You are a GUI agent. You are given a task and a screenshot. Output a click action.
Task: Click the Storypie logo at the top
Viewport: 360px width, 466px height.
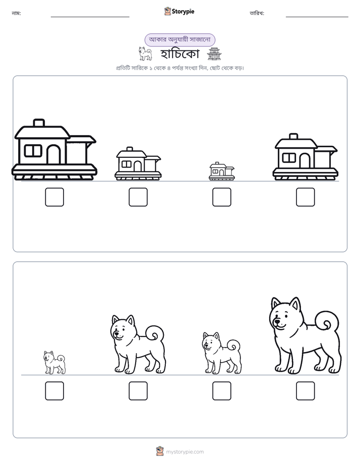coord(179,11)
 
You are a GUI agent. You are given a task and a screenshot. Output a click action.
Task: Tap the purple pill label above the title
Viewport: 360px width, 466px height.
coord(179,39)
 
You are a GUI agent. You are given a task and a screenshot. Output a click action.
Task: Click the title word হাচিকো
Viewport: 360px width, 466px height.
coord(179,54)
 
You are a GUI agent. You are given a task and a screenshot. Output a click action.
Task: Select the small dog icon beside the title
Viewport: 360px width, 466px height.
coord(145,53)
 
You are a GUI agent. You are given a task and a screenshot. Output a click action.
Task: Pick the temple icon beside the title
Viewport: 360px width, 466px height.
coord(214,53)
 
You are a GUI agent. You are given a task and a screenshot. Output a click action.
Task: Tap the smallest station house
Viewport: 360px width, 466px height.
coord(221,171)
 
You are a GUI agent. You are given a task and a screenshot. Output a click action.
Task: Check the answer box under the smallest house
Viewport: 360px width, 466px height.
coord(221,197)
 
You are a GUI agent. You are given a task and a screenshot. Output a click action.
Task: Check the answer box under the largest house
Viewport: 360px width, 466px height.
coord(54,197)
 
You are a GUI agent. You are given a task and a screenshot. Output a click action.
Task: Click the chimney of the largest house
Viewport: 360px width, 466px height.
coord(39,123)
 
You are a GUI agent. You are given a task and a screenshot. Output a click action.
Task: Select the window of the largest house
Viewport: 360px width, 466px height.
coord(33,151)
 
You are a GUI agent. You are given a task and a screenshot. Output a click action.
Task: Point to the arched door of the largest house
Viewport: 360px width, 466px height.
coord(54,154)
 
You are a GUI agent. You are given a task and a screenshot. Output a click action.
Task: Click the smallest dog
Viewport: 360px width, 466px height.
coord(54,362)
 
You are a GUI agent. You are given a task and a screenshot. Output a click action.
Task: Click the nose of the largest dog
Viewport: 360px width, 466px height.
coord(276,322)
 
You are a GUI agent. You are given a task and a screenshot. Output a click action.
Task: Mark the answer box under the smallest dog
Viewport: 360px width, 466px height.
coord(54,391)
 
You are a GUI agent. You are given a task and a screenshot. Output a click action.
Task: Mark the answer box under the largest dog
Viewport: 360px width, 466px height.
coord(306,391)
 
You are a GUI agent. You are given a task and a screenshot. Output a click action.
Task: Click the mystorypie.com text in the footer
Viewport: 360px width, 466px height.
coord(185,452)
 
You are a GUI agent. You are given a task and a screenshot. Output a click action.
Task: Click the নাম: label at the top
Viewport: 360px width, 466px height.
coord(16,13)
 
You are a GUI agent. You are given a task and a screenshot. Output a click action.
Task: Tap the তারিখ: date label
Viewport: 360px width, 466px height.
coord(257,13)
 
